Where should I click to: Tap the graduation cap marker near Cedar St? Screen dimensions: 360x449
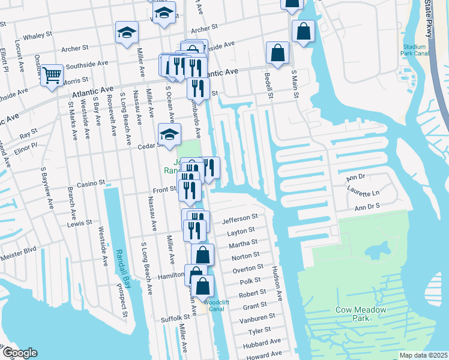(x=169, y=135)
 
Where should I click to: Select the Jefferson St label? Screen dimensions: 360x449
(x=240, y=218)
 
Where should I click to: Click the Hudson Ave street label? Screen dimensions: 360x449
(x=278, y=284)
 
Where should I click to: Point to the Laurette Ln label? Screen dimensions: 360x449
(x=363, y=193)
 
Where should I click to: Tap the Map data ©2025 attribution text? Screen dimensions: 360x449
(x=423, y=355)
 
